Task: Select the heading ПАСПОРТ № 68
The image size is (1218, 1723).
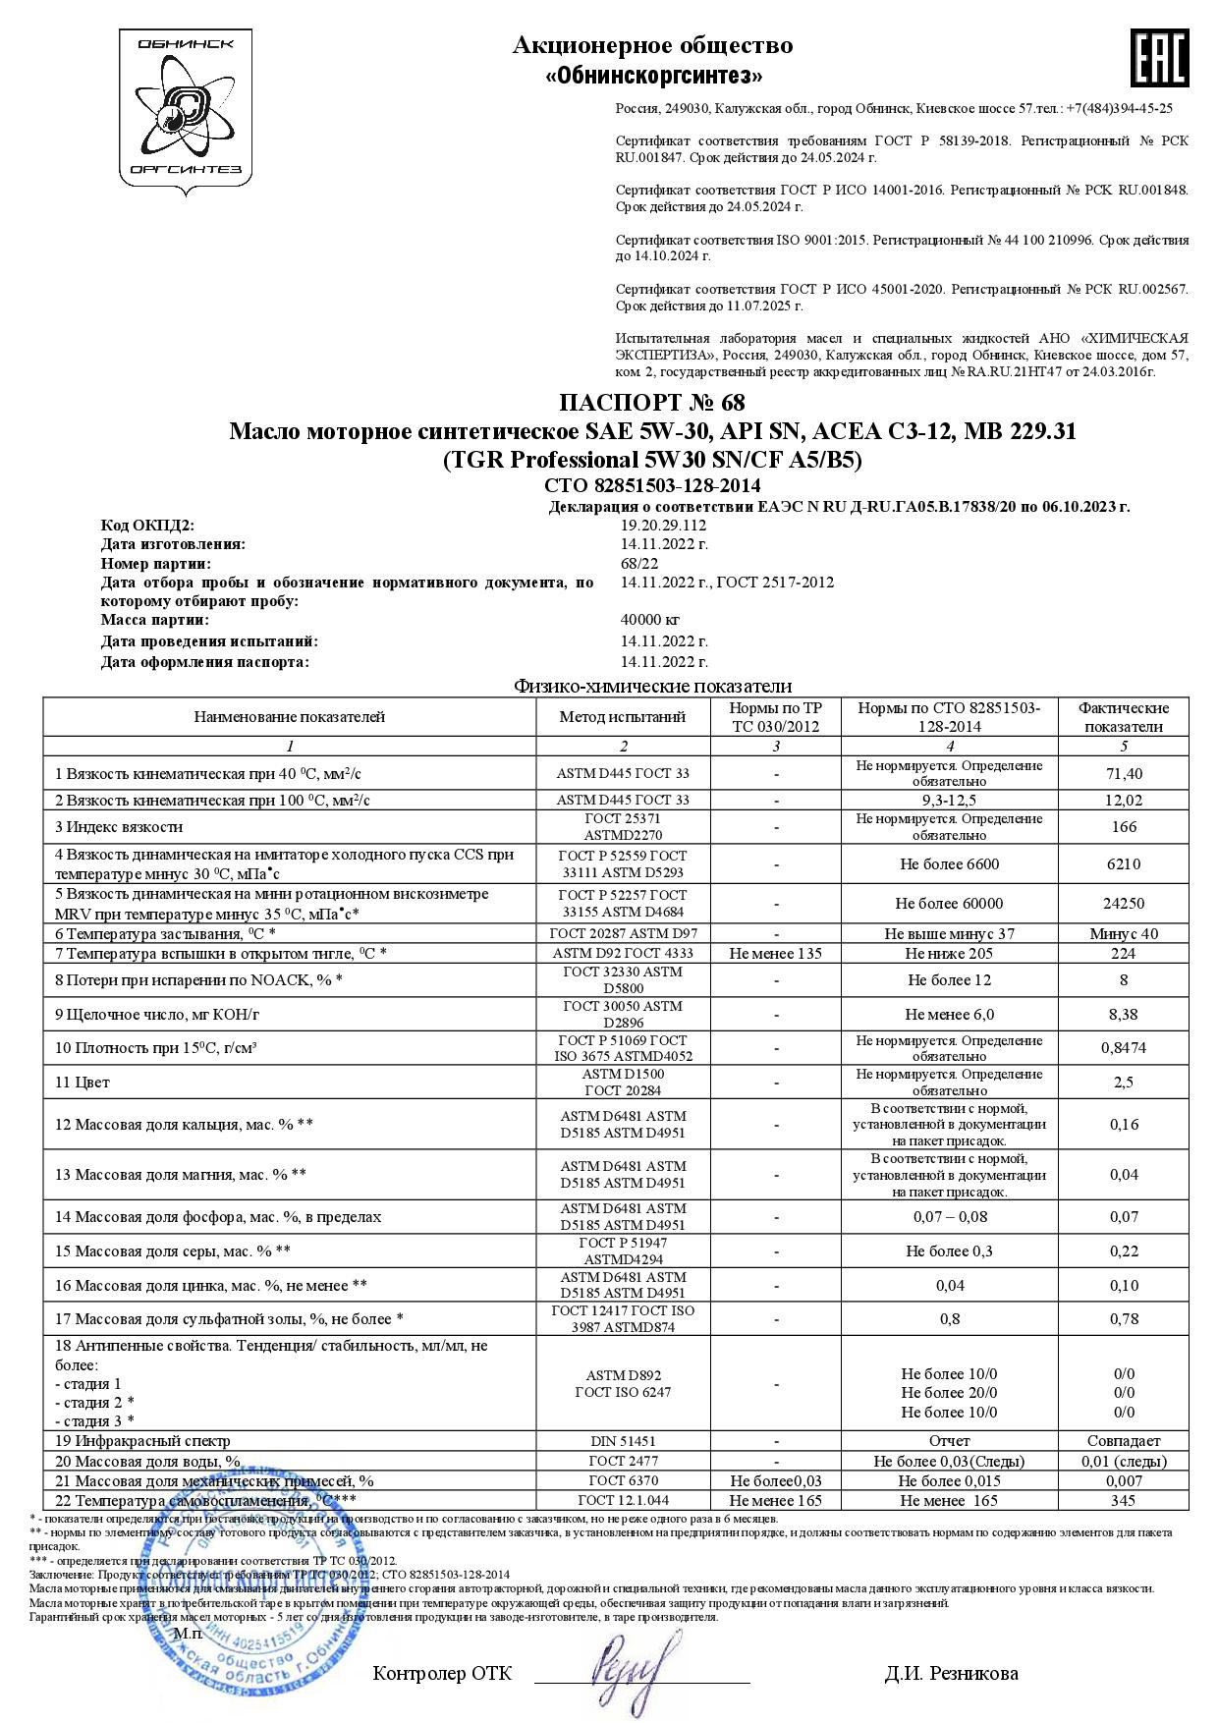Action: click(x=651, y=403)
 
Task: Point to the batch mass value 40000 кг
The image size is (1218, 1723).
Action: click(x=649, y=620)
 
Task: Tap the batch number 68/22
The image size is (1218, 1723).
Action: click(x=639, y=563)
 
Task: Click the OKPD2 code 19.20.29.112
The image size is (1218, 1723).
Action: click(x=663, y=526)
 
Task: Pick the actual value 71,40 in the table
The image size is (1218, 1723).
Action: click(x=1123, y=774)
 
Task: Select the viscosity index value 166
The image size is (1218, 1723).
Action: click(x=1123, y=827)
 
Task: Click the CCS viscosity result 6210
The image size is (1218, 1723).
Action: click(x=1123, y=864)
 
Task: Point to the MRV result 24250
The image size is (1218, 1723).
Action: click(x=1123, y=904)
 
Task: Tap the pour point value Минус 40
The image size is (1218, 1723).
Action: click(x=1123, y=934)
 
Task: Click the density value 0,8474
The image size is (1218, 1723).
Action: click(x=1123, y=1048)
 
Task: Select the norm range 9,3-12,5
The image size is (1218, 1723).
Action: click(x=949, y=801)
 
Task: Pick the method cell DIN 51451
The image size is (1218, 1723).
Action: click(x=623, y=1441)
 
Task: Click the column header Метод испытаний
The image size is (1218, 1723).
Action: click(x=623, y=717)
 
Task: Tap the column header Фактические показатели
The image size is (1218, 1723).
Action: click(x=1123, y=717)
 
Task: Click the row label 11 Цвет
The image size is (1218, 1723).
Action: click(x=83, y=1083)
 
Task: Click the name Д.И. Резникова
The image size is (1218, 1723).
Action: click(x=951, y=1673)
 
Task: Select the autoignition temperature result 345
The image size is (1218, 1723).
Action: click(x=1123, y=1500)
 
